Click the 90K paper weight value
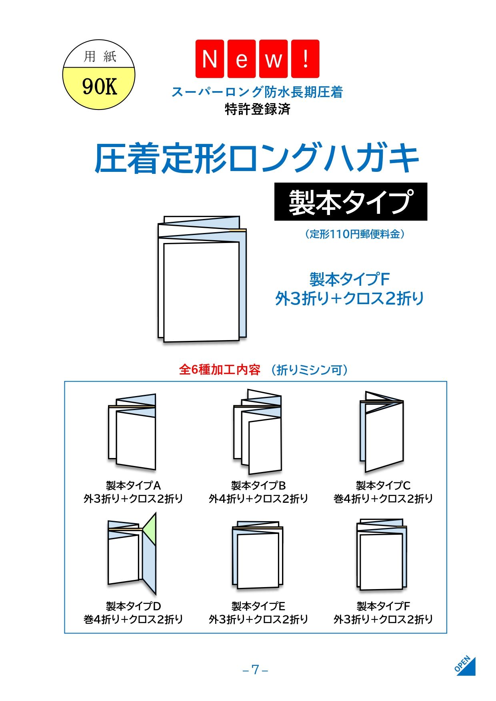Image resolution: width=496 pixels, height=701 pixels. pos(100,86)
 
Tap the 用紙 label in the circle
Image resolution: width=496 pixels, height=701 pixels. pos(100,56)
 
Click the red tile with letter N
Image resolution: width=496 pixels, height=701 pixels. pos(210,59)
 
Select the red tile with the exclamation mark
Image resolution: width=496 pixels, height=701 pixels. pos(305,59)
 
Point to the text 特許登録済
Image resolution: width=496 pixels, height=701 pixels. pos(258,109)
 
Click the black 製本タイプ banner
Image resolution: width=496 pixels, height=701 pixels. pos(350,202)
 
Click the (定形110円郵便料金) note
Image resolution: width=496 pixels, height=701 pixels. pos(354,234)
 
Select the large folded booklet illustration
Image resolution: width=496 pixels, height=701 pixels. pos(202,279)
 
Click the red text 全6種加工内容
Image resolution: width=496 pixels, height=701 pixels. pos(220,370)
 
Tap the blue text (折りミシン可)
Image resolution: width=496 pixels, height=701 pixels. pos(309,370)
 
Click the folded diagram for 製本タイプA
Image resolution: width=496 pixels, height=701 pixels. pos(132,432)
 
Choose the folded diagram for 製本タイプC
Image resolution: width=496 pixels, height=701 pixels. pos(382,432)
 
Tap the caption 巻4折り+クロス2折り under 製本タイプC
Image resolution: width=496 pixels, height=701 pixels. pos(383,498)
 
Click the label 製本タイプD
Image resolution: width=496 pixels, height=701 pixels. pos(133,606)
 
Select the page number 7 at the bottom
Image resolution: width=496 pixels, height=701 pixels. pos(255,670)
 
